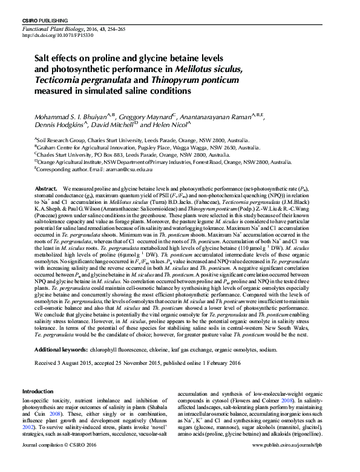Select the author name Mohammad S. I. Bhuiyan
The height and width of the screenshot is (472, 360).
[66, 115]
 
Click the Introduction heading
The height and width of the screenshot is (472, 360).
[38, 392]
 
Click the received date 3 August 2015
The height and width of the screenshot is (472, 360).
[71, 363]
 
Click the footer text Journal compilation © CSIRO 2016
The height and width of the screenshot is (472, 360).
[59, 462]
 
